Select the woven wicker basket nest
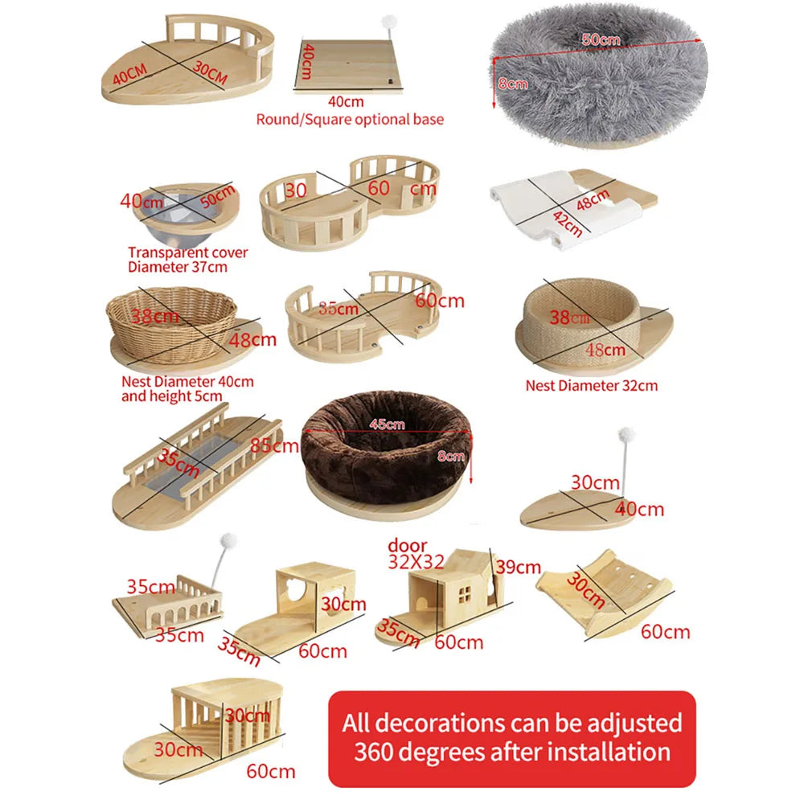[171, 318]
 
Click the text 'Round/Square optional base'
[349, 119]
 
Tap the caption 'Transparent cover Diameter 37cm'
[187, 260]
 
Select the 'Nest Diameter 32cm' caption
[591, 386]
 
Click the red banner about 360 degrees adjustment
[511, 736]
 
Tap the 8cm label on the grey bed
[511, 83]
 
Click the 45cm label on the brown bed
[386, 425]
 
